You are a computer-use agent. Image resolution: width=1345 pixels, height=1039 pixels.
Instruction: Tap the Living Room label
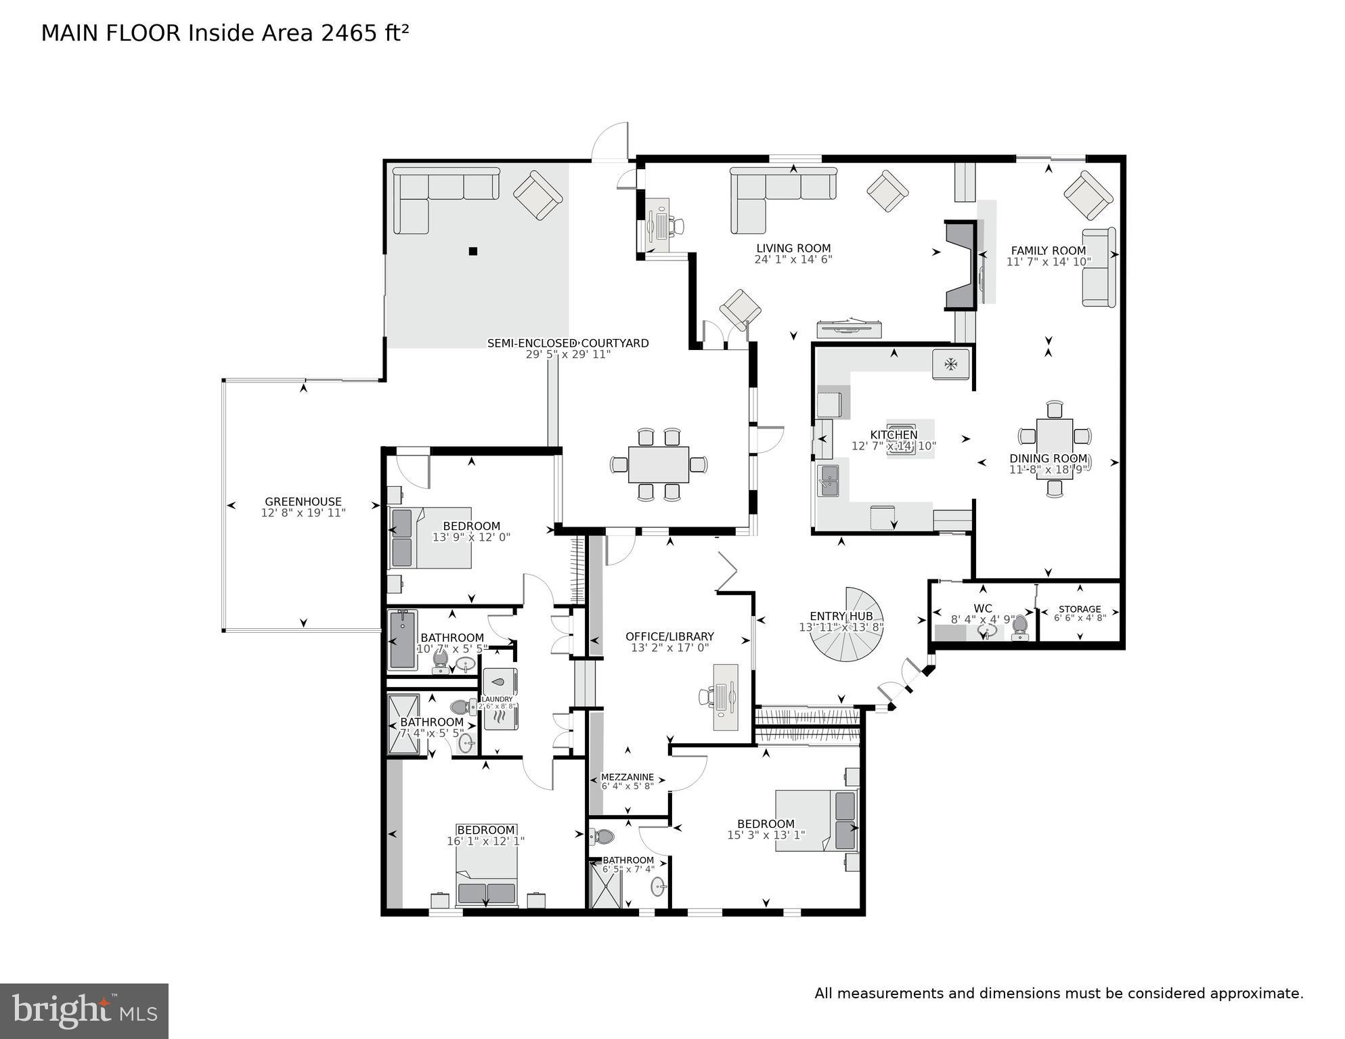pyautogui.click(x=793, y=248)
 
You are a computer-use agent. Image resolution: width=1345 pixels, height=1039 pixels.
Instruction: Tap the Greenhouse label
pyautogui.click(x=303, y=502)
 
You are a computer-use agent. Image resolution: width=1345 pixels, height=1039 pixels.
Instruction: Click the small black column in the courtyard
pyautogui.click(x=473, y=251)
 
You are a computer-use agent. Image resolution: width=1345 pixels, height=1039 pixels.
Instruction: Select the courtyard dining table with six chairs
pyautogui.click(x=658, y=464)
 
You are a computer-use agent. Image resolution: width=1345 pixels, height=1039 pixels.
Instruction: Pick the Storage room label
pyautogui.click(x=1079, y=609)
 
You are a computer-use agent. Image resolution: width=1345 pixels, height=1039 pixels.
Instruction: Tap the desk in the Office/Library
pyautogui.click(x=726, y=697)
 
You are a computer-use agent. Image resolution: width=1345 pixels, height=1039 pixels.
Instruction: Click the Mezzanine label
pyautogui.click(x=627, y=777)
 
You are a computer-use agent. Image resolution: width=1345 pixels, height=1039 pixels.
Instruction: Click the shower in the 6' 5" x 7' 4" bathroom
pyautogui.click(x=605, y=884)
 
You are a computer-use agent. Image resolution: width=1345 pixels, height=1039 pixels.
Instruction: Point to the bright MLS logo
pyautogui.click(x=84, y=1011)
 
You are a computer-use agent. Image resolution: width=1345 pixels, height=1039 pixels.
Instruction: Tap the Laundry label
pyautogui.click(x=497, y=699)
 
